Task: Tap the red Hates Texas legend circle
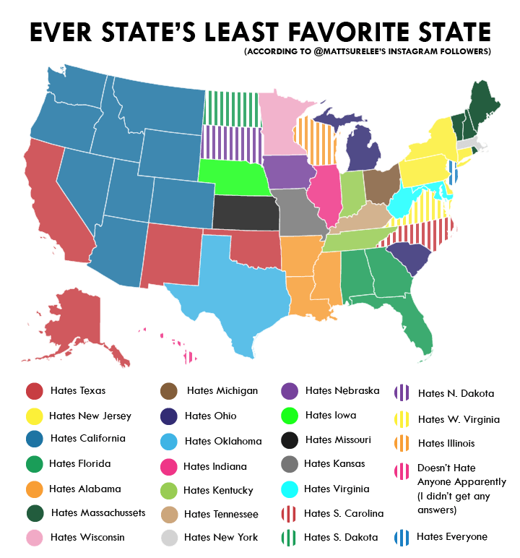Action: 33,391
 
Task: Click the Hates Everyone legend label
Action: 451,536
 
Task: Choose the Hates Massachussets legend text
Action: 98,512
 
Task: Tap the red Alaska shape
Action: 79,318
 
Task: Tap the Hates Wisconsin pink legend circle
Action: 33,537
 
